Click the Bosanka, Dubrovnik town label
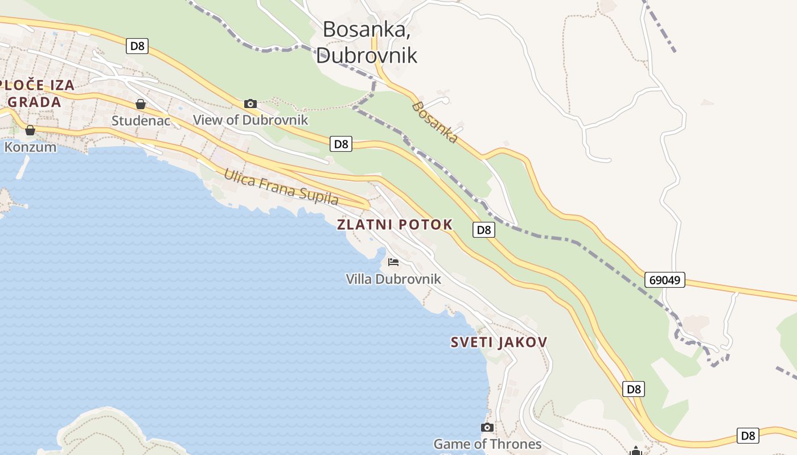click(x=366, y=42)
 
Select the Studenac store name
click(x=141, y=121)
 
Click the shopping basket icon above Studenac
click(x=141, y=104)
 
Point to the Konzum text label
click(x=30, y=147)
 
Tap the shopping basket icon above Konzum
click(x=30, y=130)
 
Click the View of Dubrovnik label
click(x=250, y=120)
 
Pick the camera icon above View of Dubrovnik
click(x=250, y=104)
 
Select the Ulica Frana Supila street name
click(x=281, y=187)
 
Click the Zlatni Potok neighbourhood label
click(x=395, y=225)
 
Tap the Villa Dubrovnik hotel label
click(x=393, y=279)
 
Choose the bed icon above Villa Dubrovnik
click(x=393, y=262)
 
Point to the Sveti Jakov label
click(x=499, y=342)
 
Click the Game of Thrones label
click(x=487, y=444)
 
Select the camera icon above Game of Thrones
click(x=487, y=427)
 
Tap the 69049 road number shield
click(x=665, y=280)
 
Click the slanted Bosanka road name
click(x=435, y=122)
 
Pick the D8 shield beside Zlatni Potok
click(x=483, y=230)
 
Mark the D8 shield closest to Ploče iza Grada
click(x=137, y=46)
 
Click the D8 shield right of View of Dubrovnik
click(x=341, y=144)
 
